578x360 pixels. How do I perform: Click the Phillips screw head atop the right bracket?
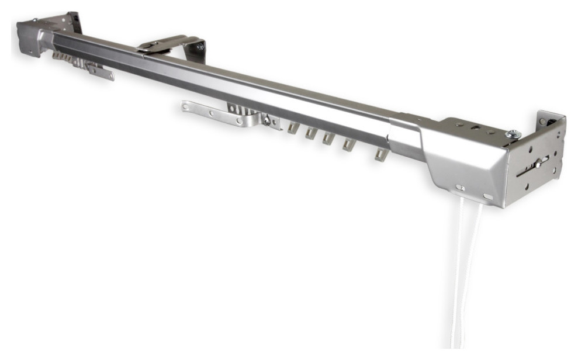pyautogui.click(x=513, y=134)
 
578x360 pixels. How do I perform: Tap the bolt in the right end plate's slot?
pyautogui.click(x=537, y=165)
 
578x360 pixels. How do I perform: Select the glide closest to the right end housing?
pyautogui.click(x=382, y=154)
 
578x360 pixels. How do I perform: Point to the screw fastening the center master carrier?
pyautogui.click(x=266, y=121)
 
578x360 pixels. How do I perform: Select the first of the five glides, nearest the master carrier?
pyautogui.click(x=293, y=128)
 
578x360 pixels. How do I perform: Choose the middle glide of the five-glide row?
pyautogui.click(x=329, y=139)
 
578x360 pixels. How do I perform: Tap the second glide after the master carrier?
pyautogui.click(x=312, y=133)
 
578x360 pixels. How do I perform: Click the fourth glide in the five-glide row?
pyautogui.click(x=349, y=144)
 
